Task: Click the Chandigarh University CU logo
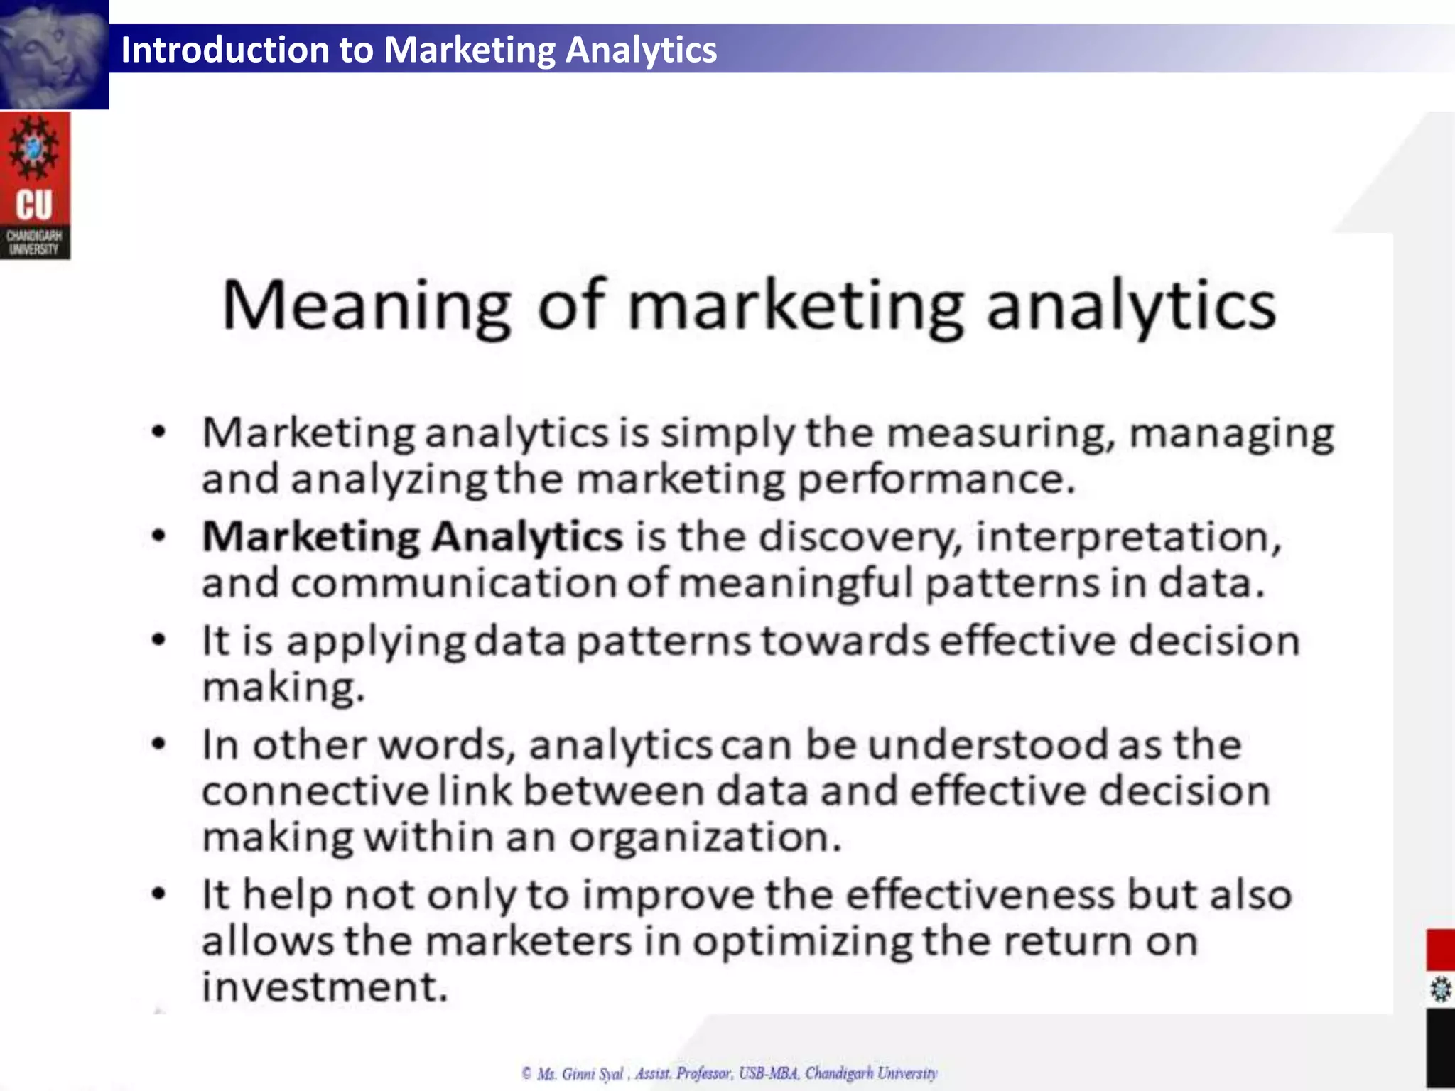tap(35, 185)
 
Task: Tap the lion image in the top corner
tap(53, 54)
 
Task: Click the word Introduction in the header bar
tap(224, 50)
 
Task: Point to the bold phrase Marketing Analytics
tap(412, 536)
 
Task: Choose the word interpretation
tap(1128, 536)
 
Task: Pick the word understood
tap(988, 745)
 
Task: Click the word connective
tap(315, 791)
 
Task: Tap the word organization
tap(705, 837)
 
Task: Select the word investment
tap(325, 987)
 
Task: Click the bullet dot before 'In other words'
tap(159, 744)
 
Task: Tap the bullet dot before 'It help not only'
tap(159, 894)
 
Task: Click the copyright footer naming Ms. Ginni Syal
tap(730, 1073)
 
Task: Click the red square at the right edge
tap(1441, 950)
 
